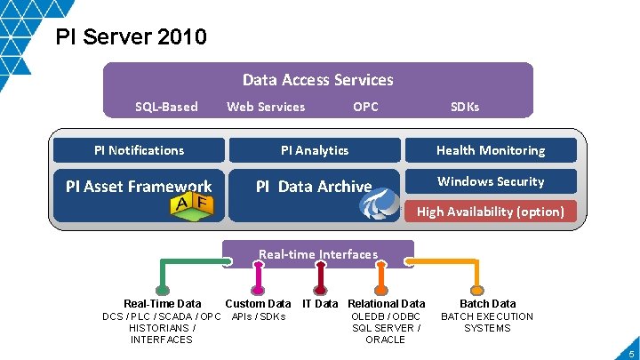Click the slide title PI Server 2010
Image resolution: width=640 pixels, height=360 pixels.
132,37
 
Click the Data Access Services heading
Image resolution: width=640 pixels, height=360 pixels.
317,80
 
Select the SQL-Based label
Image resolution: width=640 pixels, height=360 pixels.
166,107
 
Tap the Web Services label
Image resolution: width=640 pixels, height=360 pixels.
266,107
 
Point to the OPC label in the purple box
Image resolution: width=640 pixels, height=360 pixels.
365,107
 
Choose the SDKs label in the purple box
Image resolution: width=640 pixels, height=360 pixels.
465,107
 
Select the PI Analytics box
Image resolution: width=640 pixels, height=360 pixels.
315,150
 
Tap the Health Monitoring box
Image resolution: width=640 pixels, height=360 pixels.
491,150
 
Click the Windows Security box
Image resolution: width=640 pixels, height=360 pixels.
491,181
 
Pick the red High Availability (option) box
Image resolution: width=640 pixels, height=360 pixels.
491,212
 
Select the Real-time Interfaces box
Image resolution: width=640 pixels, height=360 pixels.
318,254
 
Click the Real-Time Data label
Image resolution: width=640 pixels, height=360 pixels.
162,304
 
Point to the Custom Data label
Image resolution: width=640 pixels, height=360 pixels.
258,304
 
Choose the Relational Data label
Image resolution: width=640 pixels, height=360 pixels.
387,304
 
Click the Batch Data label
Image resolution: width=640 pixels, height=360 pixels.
487,304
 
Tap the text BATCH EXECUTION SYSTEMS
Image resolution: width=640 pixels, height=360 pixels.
487,323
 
